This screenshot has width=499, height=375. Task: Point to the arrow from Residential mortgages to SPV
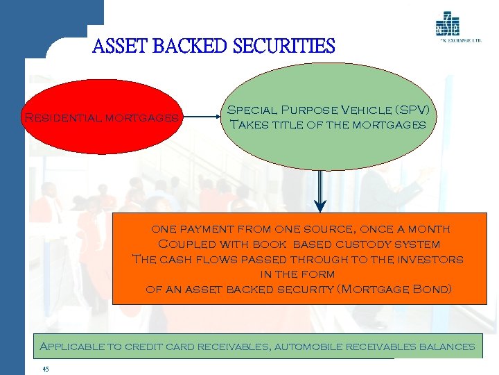click(x=202, y=117)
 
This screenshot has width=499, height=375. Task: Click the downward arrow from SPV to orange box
click(x=319, y=190)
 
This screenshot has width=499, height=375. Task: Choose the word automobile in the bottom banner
click(x=314, y=346)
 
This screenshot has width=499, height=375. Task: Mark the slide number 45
click(x=46, y=369)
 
